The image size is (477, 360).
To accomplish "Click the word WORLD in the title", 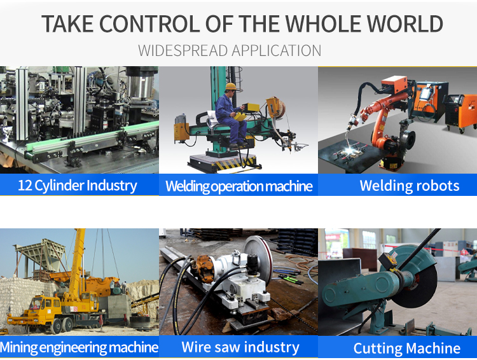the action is [404, 24].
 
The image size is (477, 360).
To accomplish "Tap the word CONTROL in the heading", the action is [149, 24].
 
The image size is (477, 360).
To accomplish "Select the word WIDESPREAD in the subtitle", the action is [183, 50].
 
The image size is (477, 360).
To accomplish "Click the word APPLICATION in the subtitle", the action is [276, 50].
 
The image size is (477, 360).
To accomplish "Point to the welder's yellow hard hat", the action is [232, 86].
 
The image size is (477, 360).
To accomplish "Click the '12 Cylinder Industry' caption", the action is [77, 186].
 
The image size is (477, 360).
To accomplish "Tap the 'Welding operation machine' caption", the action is [238, 186].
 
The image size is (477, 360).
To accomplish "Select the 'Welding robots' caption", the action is [410, 186].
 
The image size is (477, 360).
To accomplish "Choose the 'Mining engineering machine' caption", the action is [79, 347].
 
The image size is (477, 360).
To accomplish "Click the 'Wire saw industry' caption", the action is [240, 347].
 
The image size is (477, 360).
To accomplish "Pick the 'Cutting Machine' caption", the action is [407, 348].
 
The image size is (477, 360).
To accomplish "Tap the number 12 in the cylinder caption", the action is [25, 185].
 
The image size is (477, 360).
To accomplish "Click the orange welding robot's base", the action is [392, 162].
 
